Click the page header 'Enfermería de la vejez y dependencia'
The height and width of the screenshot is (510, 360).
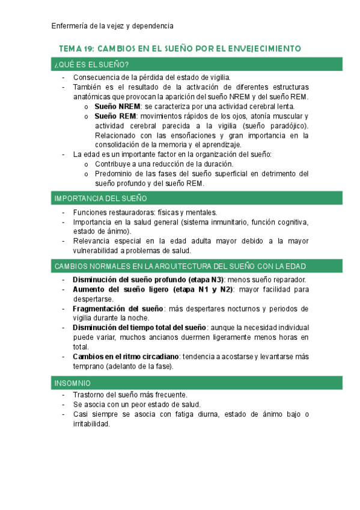pyautogui.click(x=112, y=26)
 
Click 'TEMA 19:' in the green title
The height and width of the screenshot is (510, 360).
pyautogui.click(x=76, y=48)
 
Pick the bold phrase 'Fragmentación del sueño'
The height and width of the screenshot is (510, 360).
pyautogui.click(x=114, y=309)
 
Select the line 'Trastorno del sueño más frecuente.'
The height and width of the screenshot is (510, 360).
pyautogui.click(x=130, y=395)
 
